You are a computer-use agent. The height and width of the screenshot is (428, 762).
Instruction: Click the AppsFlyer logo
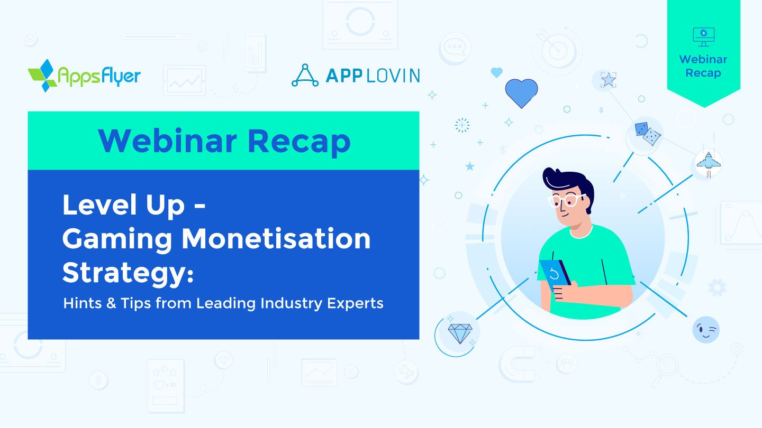click(84, 75)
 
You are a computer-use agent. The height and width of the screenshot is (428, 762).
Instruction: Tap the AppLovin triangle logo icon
click(305, 75)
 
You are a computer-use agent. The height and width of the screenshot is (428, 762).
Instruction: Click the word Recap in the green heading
click(299, 141)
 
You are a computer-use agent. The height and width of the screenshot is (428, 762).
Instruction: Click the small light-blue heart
click(496, 72)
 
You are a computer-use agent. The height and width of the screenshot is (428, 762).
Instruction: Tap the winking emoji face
click(706, 330)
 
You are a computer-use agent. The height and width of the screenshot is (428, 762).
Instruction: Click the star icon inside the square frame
click(609, 80)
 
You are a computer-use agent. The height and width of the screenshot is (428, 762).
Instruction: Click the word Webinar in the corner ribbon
click(703, 59)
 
